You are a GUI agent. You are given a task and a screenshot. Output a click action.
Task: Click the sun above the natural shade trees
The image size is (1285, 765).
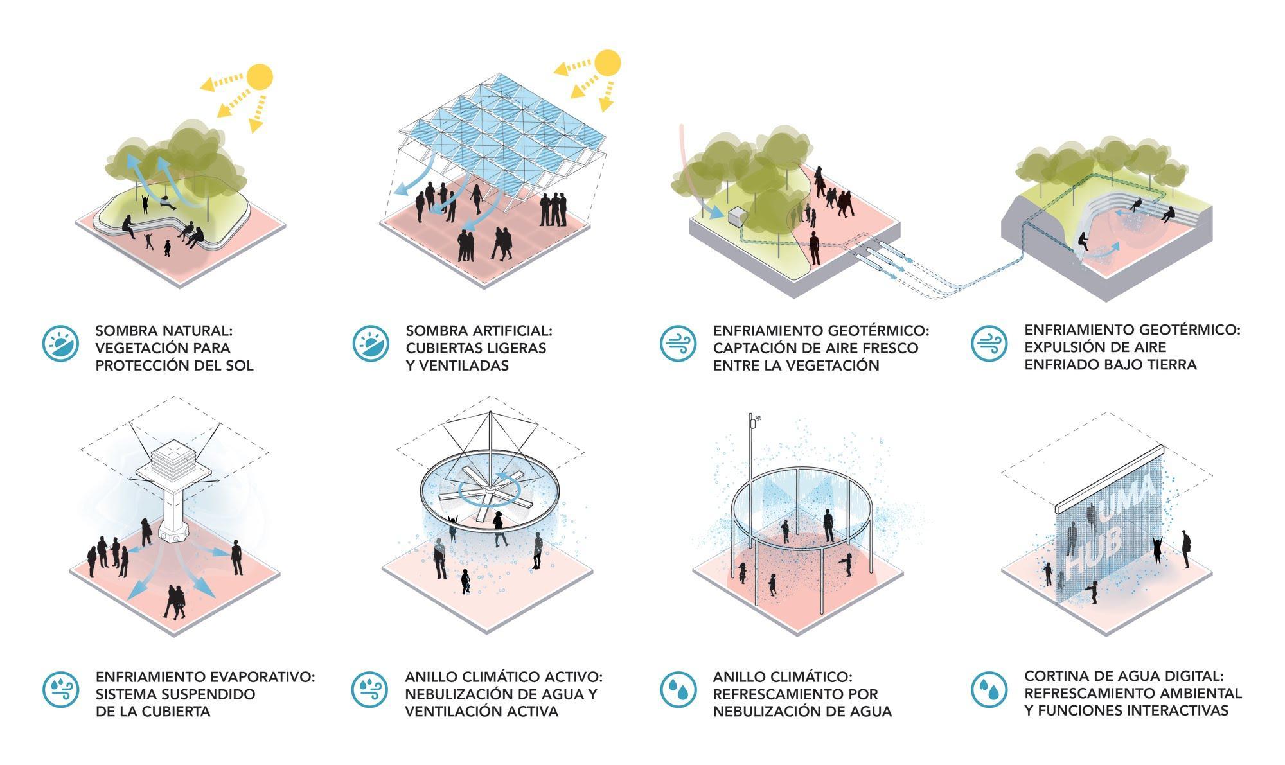click(x=260, y=76)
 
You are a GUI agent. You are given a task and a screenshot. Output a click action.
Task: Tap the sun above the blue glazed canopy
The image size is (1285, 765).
click(x=607, y=62)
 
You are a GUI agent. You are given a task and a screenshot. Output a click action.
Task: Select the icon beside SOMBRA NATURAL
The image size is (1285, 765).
click(x=60, y=343)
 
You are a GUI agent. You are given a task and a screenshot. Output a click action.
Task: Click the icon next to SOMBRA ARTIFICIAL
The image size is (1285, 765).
click(x=371, y=343)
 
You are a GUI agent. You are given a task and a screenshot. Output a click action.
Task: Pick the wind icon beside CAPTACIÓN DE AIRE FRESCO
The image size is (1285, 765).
click(x=678, y=343)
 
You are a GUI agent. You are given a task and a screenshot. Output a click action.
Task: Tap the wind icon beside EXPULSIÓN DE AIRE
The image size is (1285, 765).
click(x=989, y=342)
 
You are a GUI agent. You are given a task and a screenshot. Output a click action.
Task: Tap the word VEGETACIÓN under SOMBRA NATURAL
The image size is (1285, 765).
click(x=144, y=348)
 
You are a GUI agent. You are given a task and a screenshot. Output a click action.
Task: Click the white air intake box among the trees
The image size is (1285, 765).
click(x=737, y=216)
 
